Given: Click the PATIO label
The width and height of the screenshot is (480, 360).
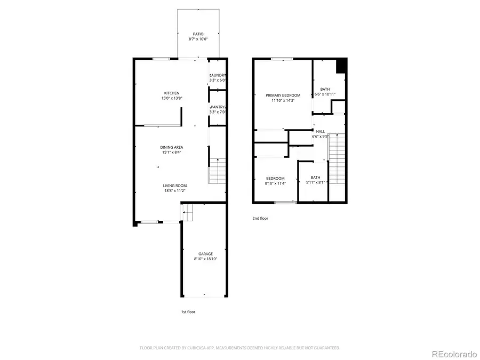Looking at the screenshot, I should point(198,34).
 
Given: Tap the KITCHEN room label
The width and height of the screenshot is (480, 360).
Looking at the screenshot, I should point(172,93).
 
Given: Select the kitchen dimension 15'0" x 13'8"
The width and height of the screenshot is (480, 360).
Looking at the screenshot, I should point(172,98).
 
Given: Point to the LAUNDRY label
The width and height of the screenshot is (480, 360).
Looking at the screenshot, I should point(218,75).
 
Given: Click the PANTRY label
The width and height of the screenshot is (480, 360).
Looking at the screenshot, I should point(218,107).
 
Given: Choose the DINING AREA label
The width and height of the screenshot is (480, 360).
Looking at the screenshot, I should point(172,147).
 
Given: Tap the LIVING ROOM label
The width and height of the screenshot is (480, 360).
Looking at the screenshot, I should point(175,186).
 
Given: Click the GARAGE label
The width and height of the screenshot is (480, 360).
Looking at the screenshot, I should point(206,254).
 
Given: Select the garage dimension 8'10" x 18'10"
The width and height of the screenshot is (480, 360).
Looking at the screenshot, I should point(206,259).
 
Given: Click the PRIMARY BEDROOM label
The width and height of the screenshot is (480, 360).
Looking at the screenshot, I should point(283,95).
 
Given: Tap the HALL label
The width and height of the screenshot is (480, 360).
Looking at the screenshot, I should point(320,131).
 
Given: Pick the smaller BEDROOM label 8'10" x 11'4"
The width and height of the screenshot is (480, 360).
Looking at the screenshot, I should point(275,179).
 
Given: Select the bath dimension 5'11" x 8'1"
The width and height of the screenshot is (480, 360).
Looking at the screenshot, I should point(316,183).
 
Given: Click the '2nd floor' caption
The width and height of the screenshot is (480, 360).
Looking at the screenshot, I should point(260,218).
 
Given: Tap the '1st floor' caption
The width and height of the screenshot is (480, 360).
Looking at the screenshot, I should point(188,311).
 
